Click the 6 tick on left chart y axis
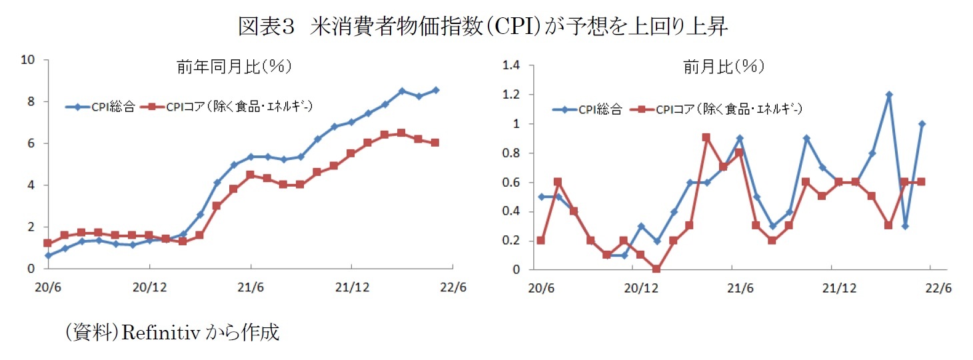pyautogui.click(x=31, y=143)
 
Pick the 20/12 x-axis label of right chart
pyautogui.click(x=640, y=289)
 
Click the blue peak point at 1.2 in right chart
pyautogui.click(x=889, y=95)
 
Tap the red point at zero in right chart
pyautogui.click(x=656, y=269)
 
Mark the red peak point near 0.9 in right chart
pyautogui.click(x=706, y=137)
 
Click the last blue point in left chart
pyautogui.click(x=436, y=90)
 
